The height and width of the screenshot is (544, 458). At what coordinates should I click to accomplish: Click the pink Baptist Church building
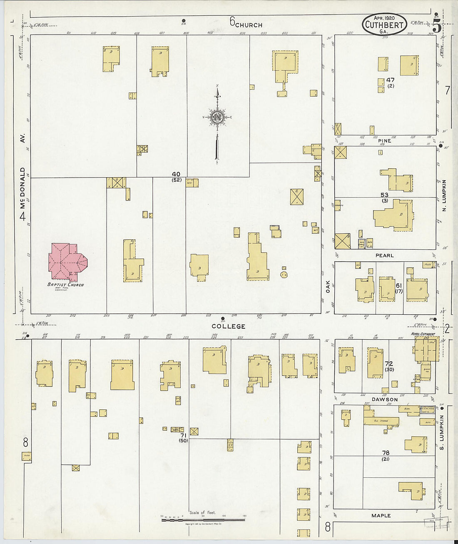tap(67, 261)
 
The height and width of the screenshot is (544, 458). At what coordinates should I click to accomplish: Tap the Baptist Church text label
tap(65, 285)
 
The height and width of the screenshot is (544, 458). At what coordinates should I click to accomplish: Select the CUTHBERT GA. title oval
tap(383, 24)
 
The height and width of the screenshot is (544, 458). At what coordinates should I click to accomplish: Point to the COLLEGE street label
tap(228, 326)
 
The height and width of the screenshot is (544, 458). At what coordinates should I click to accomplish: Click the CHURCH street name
tap(249, 25)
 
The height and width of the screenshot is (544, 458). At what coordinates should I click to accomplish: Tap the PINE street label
tap(384, 141)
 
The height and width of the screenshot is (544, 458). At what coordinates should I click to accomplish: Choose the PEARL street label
tap(384, 256)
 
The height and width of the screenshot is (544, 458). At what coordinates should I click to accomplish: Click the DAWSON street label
tap(384, 399)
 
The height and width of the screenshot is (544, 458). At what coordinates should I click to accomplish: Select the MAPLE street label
tap(381, 516)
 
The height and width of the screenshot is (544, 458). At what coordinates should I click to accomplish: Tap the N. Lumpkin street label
tap(444, 195)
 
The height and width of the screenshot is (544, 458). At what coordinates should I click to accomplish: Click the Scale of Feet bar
tap(203, 519)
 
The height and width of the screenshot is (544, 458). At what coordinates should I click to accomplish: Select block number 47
tap(390, 80)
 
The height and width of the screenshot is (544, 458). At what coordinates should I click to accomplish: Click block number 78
tap(386, 453)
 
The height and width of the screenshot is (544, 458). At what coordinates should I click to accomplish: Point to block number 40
tap(176, 174)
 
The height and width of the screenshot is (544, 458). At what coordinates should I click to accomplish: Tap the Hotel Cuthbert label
tap(423, 334)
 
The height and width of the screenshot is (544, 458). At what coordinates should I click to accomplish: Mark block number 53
tap(384, 195)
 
